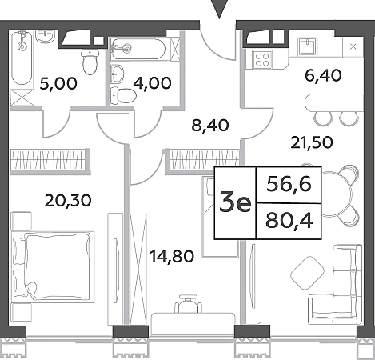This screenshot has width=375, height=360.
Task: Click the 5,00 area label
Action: click(x=58, y=83)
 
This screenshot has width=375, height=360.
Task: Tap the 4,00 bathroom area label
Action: click(x=152, y=83)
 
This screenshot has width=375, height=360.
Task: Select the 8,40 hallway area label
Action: click(x=210, y=126)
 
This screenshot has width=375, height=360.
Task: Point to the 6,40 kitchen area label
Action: click(x=323, y=75)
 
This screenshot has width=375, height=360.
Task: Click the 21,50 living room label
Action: click(x=312, y=142)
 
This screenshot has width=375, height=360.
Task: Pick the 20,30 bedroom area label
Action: click(x=68, y=200)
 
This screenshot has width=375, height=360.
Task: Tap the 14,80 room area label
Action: click(x=172, y=256)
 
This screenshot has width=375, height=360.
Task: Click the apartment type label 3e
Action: click(x=235, y=203)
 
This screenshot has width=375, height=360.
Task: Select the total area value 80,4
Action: click(x=289, y=221)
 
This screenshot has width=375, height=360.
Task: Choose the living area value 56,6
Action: click(x=289, y=184)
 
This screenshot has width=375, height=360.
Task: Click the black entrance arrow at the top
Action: click(x=219, y=10)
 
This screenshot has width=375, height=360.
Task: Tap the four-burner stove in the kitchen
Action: click(x=262, y=59)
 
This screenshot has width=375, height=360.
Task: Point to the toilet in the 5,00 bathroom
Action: click(x=90, y=62)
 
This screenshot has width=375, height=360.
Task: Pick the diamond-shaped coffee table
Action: click(x=307, y=273)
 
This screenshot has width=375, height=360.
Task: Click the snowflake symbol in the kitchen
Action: click(x=353, y=47)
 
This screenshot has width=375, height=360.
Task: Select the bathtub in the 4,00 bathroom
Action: click(x=138, y=49)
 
